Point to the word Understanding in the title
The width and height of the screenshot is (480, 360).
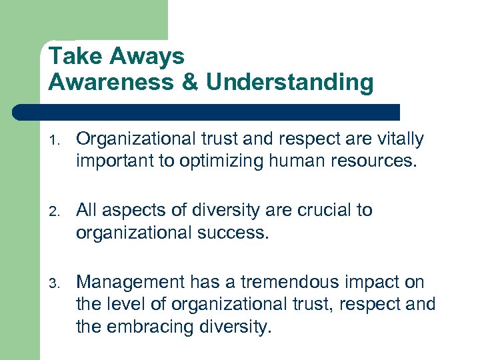(x=290, y=83)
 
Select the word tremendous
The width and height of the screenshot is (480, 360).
(x=293, y=282)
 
